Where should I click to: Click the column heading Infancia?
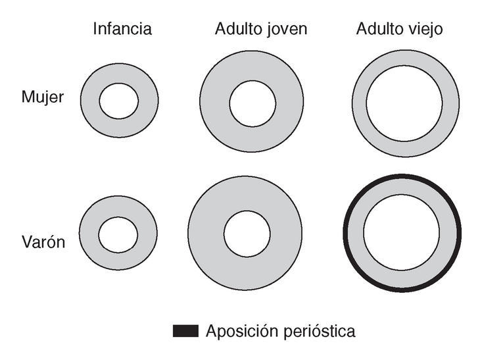[x=122, y=29]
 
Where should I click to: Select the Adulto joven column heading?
[x=252, y=29]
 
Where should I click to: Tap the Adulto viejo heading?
[x=400, y=29]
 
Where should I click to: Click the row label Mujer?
[x=43, y=97]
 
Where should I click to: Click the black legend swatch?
[x=185, y=331]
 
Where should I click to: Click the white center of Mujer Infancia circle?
[x=119, y=101]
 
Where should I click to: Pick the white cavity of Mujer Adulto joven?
[x=252, y=103]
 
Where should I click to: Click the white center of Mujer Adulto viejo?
[x=405, y=103]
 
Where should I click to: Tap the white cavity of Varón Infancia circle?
[x=118, y=234]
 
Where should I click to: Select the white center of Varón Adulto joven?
[x=247, y=234]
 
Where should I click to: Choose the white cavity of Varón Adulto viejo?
[x=402, y=233]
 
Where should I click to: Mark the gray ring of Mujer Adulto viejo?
[x=359, y=103]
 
